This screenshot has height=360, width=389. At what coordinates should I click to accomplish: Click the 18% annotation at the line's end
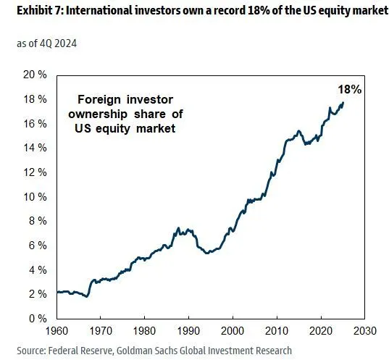[x=349, y=89]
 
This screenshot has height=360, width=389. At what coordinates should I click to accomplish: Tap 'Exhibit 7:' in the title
[x=28, y=10]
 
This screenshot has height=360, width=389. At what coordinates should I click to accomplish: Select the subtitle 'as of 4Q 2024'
[x=46, y=43]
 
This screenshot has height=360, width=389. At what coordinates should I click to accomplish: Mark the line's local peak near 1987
[x=177, y=228]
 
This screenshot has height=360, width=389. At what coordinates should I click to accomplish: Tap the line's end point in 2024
[x=343, y=103]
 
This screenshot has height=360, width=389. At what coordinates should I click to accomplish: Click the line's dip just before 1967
[x=86, y=296]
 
